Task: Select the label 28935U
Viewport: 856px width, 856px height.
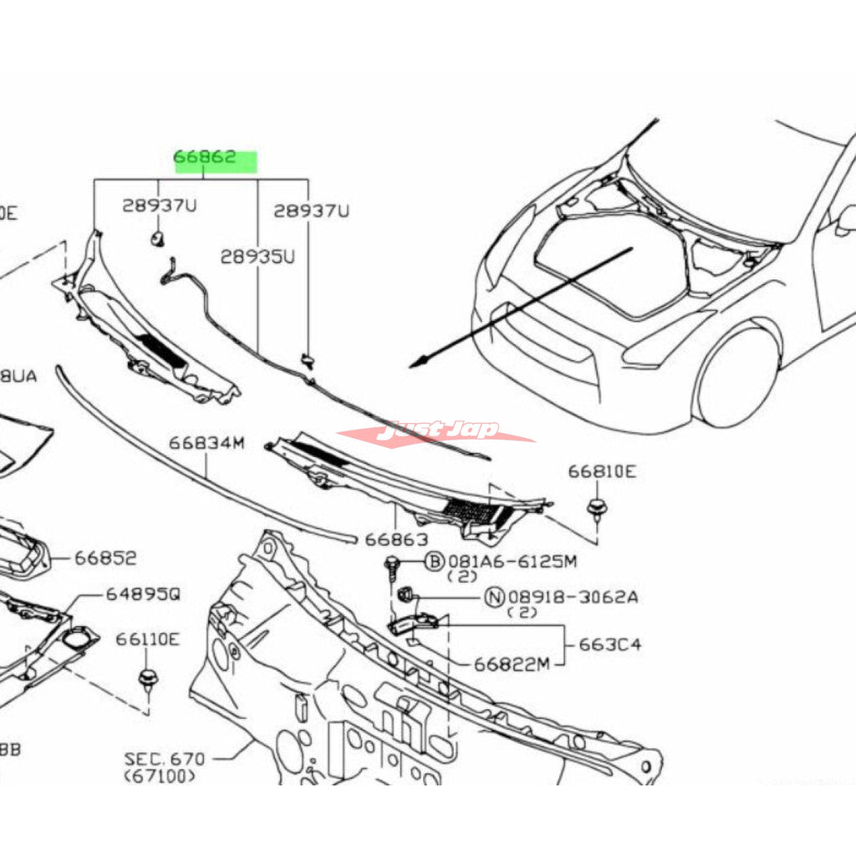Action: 257,257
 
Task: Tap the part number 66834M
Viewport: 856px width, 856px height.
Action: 206,443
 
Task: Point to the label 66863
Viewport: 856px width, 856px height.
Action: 395,539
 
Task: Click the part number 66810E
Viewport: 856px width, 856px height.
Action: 602,471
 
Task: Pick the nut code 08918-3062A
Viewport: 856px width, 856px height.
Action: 573,597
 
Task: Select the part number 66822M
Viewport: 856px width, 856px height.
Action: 512,665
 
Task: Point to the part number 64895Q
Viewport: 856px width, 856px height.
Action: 142,594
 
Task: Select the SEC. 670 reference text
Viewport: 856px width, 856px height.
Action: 165,759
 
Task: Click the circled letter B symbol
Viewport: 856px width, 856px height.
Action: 434,561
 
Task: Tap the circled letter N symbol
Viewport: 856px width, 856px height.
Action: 495,597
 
